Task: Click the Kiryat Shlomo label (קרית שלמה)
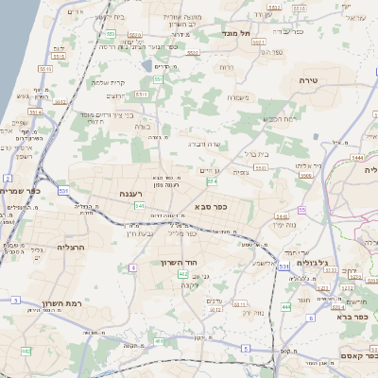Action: (112, 81)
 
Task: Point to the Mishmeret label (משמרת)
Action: (238, 96)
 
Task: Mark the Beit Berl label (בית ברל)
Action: (254, 152)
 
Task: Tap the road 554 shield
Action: (212, 180)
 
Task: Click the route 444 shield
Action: (285, 307)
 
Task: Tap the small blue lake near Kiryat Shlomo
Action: (145, 66)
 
